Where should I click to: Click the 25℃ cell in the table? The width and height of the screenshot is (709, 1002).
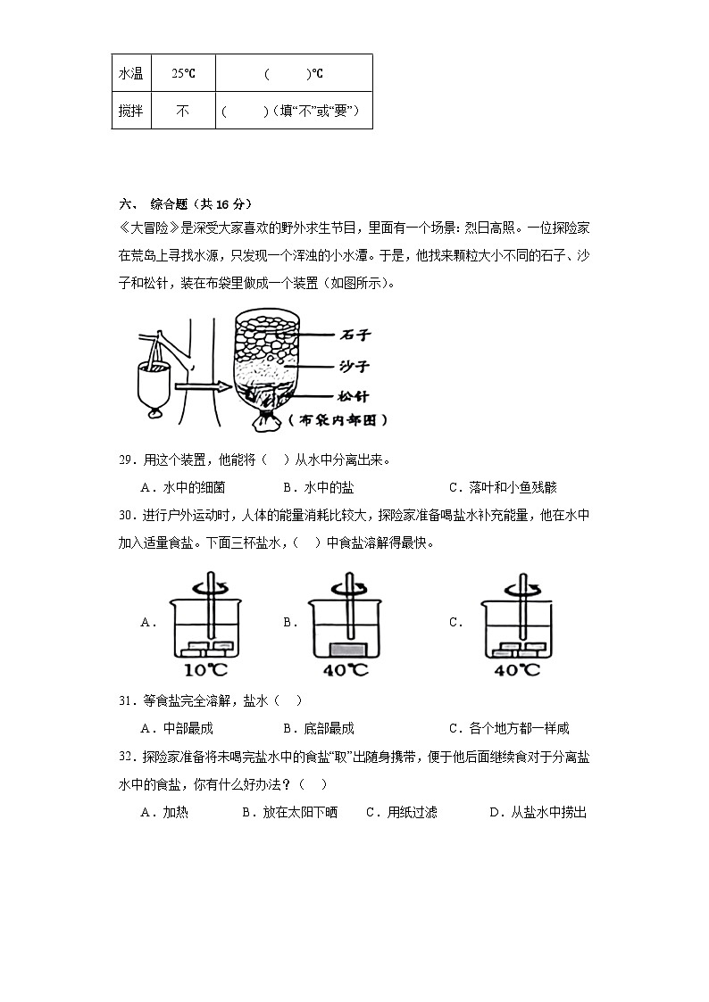pos(183,73)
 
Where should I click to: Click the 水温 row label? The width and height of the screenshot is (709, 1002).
pos(131,73)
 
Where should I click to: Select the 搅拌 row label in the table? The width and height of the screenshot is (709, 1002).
pos(131,112)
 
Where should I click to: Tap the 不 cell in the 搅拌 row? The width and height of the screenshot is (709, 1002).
pos(182,112)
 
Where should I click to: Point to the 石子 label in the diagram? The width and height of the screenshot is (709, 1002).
pos(354,335)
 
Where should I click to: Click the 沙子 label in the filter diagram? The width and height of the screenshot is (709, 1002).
pos(354,366)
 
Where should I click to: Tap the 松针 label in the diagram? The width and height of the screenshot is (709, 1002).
pos(354,396)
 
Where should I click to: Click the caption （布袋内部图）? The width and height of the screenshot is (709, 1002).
pos(338,419)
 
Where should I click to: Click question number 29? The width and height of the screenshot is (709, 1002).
pos(126,460)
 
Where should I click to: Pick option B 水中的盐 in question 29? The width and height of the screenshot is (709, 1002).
pos(317,487)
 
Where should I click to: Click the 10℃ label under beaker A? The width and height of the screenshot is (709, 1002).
pos(208,669)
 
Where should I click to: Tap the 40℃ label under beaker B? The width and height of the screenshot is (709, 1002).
pos(345,669)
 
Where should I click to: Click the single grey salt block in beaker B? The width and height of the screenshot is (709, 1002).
pos(343,649)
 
